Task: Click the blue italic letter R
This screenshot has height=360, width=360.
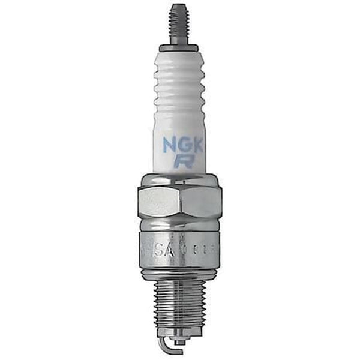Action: coord(181,161)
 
